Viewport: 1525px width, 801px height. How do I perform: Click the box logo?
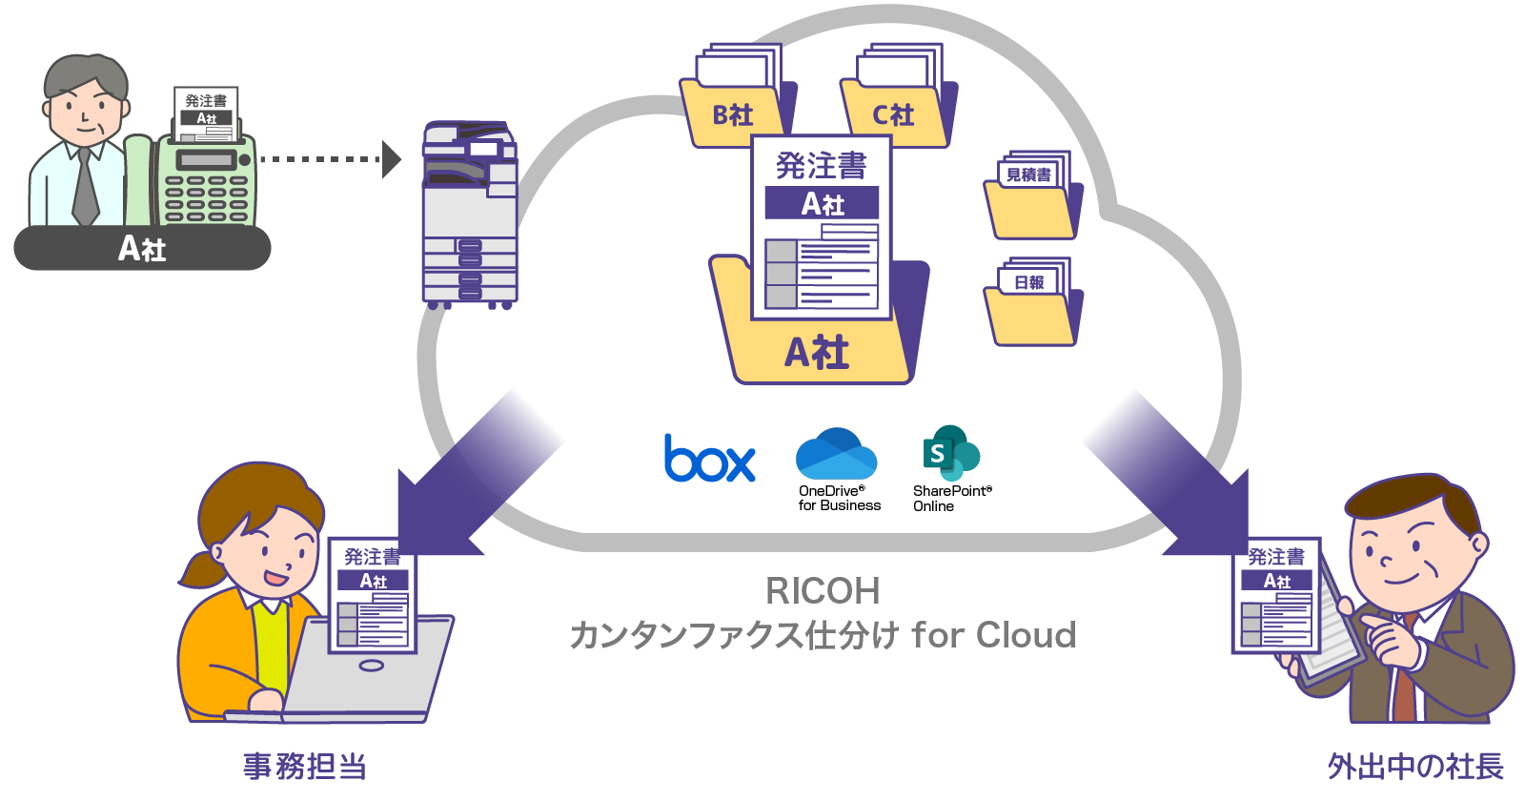709,459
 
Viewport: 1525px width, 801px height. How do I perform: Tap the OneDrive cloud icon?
836,454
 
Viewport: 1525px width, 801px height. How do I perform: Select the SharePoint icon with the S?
949,453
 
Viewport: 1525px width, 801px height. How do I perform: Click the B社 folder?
733,114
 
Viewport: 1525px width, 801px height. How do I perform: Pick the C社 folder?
893,114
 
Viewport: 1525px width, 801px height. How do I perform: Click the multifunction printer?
469,215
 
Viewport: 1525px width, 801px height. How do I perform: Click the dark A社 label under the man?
142,249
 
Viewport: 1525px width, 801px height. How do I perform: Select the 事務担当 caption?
304,766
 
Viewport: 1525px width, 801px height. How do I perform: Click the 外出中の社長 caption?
1415,766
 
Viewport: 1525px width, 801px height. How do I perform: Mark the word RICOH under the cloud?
823,591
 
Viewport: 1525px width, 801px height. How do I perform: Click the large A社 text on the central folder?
817,353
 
